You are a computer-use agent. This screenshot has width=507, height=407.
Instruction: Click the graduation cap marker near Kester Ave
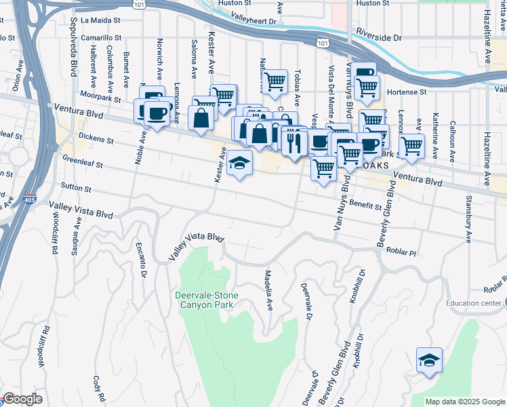coord(239,163)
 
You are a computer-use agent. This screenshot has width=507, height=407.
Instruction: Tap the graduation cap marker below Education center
coord(429,360)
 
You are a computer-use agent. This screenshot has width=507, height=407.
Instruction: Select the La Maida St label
coord(100,20)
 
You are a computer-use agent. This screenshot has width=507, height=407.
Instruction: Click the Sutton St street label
coord(75,187)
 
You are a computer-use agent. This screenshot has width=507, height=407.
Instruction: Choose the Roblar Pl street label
coord(401,251)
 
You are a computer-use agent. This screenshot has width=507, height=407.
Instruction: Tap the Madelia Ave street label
coord(268,290)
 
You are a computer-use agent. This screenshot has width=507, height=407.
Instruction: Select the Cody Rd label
coord(99,387)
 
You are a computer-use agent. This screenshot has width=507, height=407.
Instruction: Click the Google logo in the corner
coord(22,399)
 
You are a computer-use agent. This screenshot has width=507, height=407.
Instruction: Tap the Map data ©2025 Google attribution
coord(464,402)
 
